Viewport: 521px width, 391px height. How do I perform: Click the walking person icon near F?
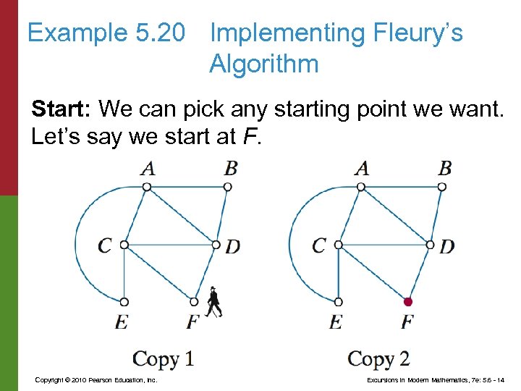click(x=213, y=303)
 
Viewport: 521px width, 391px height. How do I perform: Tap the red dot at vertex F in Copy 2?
click(x=408, y=301)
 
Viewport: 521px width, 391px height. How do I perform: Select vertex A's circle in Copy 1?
click(x=147, y=187)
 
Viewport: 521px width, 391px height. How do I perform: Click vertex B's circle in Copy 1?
click(x=228, y=187)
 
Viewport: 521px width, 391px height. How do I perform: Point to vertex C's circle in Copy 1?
click(x=124, y=245)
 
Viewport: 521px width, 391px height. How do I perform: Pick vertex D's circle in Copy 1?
click(x=216, y=245)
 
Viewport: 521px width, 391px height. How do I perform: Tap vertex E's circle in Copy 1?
click(x=124, y=301)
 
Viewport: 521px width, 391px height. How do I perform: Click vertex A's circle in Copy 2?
click(x=361, y=187)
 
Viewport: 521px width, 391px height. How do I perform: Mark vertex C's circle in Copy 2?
click(x=338, y=245)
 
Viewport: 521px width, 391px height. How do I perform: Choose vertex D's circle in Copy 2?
click(x=430, y=245)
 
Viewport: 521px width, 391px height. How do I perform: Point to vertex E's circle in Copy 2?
click(x=338, y=301)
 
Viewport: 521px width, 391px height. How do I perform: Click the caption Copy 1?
click(x=164, y=359)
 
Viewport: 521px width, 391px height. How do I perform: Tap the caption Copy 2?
click(x=378, y=359)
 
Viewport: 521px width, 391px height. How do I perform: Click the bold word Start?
click(x=62, y=109)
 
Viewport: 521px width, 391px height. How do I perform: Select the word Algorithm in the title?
click(x=264, y=64)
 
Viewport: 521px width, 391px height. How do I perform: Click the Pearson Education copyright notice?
click(x=96, y=379)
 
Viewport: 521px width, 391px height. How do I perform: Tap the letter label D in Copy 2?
click(x=447, y=246)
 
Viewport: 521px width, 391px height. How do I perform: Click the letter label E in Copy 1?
click(x=121, y=321)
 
